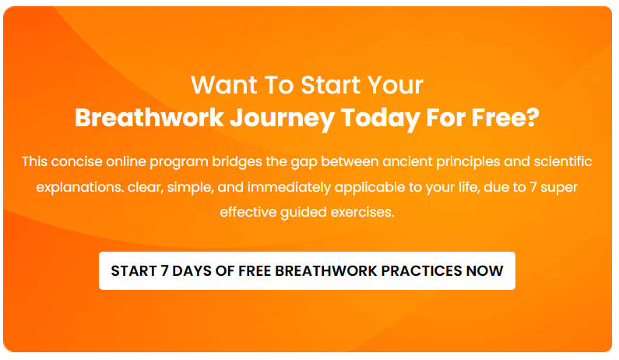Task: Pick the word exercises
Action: tap(368, 212)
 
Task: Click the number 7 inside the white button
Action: tap(166, 271)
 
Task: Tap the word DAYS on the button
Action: tap(192, 271)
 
